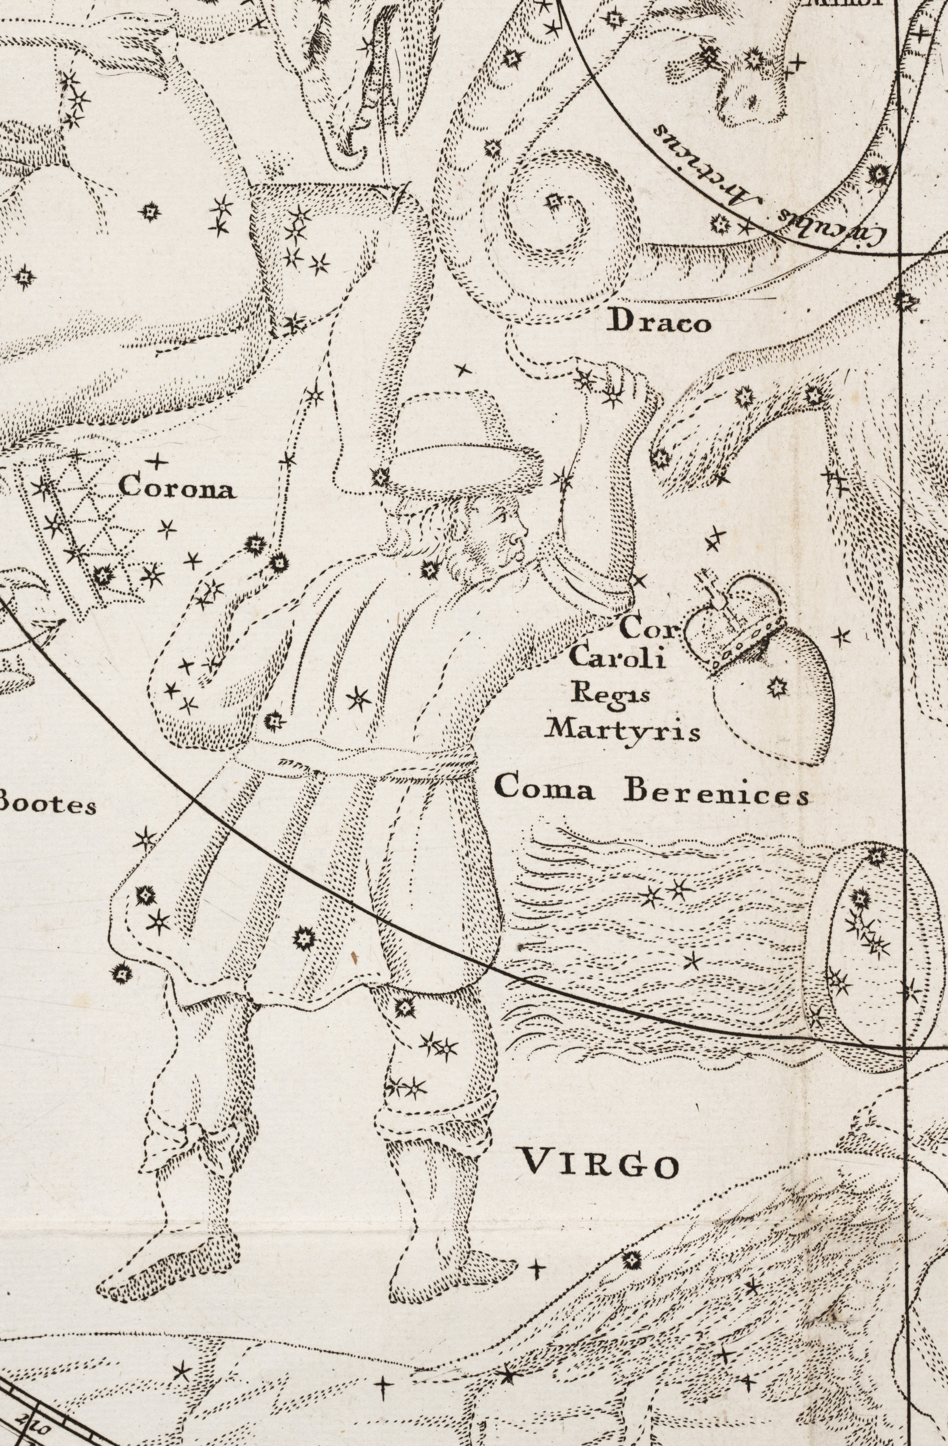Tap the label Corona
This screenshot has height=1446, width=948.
177,488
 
